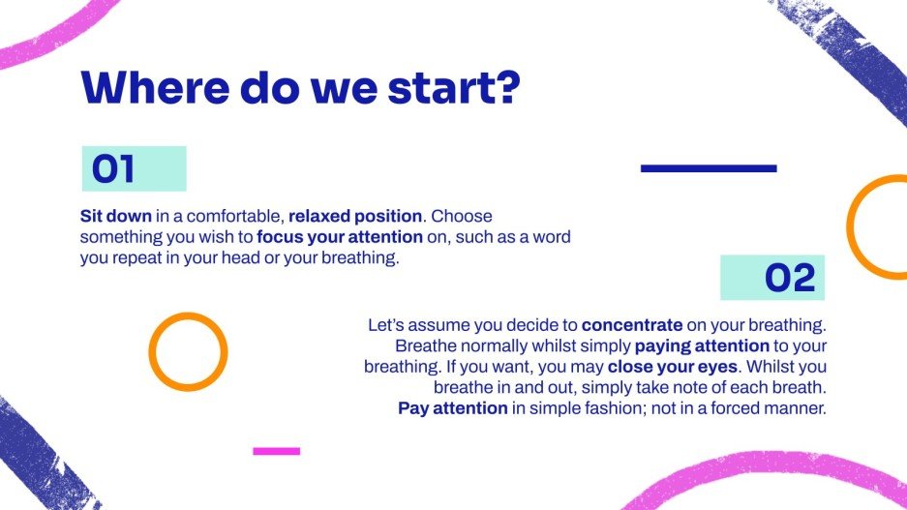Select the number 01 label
[113, 169]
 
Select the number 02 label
[791, 279]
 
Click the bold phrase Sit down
[115, 216]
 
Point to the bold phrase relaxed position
[355, 216]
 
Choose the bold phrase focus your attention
[340, 237]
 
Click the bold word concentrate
[632, 325]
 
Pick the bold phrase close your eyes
[673, 367]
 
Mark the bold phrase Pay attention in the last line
[453, 408]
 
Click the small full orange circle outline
[188, 351]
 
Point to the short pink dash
[276, 451]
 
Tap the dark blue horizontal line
[709, 168]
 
